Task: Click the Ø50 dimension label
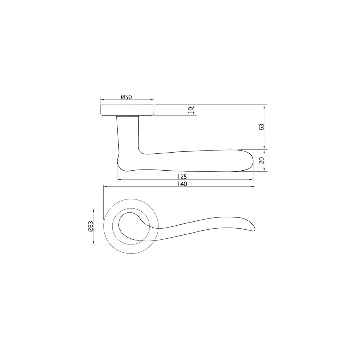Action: tap(127, 97)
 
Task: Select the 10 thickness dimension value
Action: tap(190, 110)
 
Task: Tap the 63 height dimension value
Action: tap(262, 127)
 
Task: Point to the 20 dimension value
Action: tap(262, 160)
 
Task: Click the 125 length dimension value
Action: tap(183, 177)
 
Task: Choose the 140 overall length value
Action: tap(183, 184)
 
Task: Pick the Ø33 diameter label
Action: tap(91, 226)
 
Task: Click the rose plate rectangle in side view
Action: tap(127, 111)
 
